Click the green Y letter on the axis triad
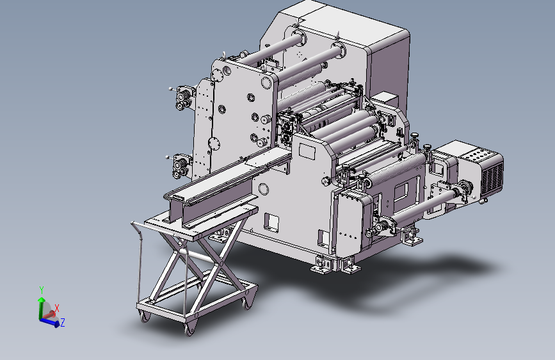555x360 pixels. [42, 290]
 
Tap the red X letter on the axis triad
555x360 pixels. [56, 308]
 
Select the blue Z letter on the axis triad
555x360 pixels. [63, 322]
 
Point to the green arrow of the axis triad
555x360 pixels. [42, 307]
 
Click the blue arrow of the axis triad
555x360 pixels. [49, 322]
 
